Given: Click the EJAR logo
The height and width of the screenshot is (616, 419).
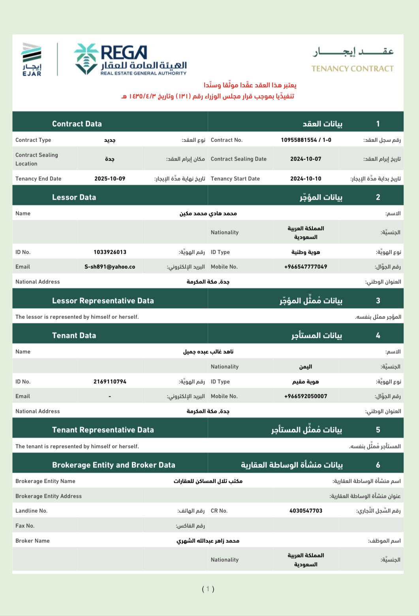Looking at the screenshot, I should (x=32, y=59).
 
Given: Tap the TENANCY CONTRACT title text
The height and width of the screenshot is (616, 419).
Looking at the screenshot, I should (x=352, y=69).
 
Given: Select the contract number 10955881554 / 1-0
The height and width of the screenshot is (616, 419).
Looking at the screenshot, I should (x=306, y=140).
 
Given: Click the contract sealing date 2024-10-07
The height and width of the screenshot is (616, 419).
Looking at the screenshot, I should (x=306, y=159).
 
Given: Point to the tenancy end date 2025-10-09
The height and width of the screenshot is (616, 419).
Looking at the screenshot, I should (x=110, y=178).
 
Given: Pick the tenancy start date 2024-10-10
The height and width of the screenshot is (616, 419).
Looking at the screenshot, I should (x=306, y=178).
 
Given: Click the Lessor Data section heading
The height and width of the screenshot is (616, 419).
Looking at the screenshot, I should (x=74, y=197).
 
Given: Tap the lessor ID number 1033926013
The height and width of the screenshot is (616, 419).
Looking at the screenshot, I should (x=110, y=252).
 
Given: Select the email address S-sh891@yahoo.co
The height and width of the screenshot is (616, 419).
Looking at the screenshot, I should (x=110, y=267).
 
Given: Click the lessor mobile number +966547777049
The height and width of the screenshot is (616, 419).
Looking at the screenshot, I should (x=306, y=267).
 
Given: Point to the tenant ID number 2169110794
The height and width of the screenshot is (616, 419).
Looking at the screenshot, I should (x=110, y=381).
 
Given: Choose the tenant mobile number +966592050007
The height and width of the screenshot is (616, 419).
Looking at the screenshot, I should (x=306, y=396).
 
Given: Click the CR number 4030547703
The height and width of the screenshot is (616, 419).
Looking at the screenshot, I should (x=306, y=511).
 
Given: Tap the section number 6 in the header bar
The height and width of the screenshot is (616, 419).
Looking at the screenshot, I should (x=378, y=465).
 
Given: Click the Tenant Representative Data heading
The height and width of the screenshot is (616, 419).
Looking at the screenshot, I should (x=103, y=430).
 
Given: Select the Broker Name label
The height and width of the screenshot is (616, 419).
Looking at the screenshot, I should (x=32, y=541).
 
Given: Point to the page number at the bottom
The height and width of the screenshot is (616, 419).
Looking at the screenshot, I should (x=208, y=589).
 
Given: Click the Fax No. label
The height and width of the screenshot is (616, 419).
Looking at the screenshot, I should (x=25, y=526).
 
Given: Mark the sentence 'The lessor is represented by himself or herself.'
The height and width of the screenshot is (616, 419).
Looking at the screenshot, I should (x=77, y=317).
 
